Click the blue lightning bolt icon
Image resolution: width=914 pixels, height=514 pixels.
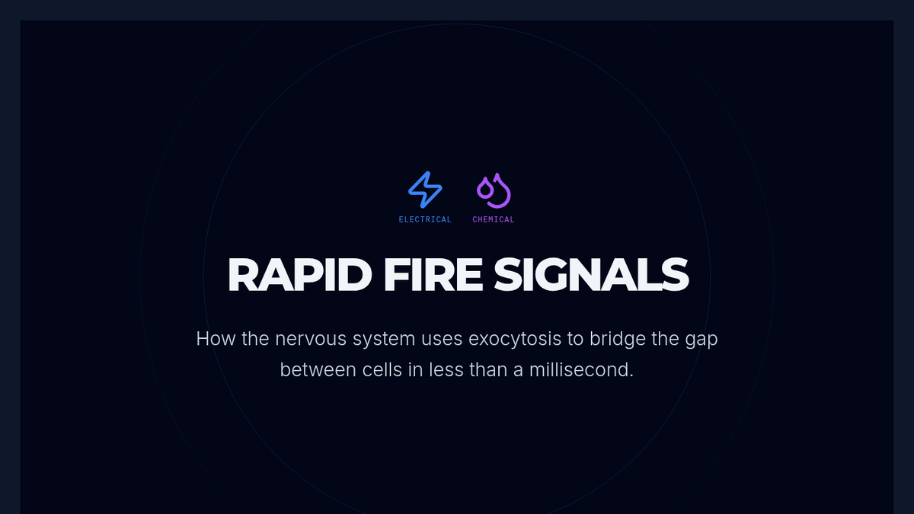coord(425,190)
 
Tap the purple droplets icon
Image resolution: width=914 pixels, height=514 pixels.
coord(494,190)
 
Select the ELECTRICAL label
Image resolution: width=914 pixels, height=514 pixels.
coord(425,219)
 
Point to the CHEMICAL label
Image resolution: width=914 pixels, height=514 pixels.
coord(494,219)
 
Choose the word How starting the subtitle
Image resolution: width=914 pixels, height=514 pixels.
coord(216,338)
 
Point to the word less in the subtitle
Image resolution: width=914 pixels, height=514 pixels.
coord(449,371)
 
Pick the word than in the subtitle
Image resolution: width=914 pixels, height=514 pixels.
coord(494,371)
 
